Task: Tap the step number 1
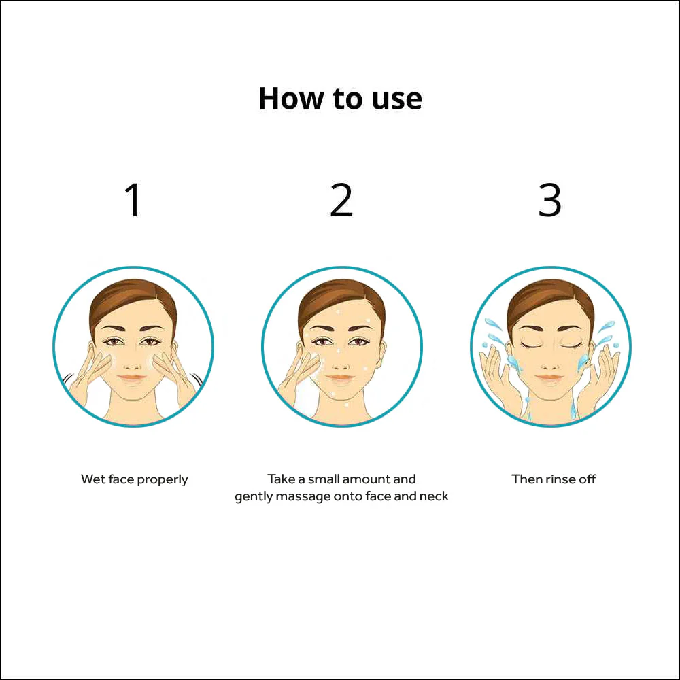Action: pos(134,200)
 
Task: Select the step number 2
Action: pos(341,200)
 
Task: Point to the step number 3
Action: pos(550,200)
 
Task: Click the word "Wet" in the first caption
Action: pos(92,479)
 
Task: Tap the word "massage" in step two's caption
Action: pos(302,496)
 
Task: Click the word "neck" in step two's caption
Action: pos(434,496)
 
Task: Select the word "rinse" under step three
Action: pos(551,479)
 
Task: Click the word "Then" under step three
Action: pos(527,479)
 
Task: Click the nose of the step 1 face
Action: pos(133,360)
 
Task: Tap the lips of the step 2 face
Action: pos(341,377)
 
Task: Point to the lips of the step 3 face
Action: pos(550,377)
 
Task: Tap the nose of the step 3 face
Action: pos(550,360)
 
